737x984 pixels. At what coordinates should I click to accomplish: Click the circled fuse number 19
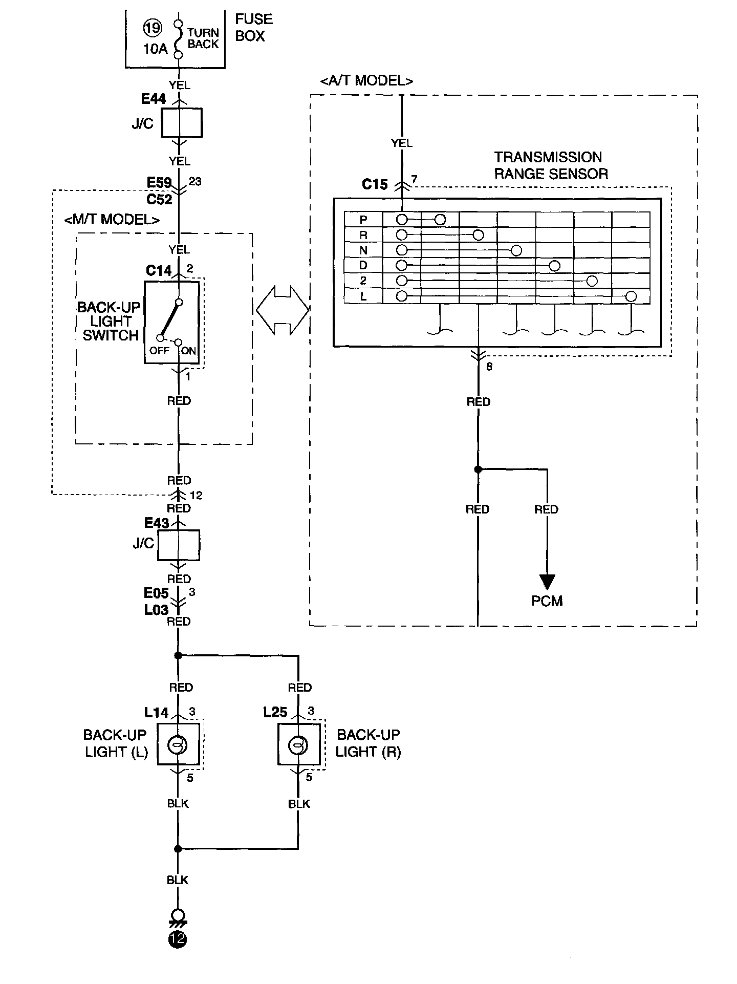pyautogui.click(x=152, y=28)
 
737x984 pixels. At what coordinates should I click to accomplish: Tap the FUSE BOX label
pyautogui.click(x=253, y=28)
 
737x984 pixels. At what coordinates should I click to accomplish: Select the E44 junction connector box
pyautogui.click(x=182, y=123)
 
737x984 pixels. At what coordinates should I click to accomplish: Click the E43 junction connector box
pyautogui.click(x=179, y=545)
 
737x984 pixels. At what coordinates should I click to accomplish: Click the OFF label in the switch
pyautogui.click(x=159, y=351)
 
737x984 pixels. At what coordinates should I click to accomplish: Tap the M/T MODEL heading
pyautogui.click(x=112, y=220)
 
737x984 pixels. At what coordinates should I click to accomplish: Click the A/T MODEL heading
pyautogui.click(x=366, y=80)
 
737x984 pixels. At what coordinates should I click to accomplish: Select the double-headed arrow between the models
pyautogui.click(x=283, y=310)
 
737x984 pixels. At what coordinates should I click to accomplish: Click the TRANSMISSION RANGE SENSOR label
pyautogui.click(x=551, y=165)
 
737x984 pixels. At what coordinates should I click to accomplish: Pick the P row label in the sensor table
pyautogui.click(x=363, y=220)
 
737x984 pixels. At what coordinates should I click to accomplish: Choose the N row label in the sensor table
pyautogui.click(x=363, y=250)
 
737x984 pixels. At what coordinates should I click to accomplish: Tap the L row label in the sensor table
pyautogui.click(x=363, y=296)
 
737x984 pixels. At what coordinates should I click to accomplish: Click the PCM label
pyautogui.click(x=547, y=601)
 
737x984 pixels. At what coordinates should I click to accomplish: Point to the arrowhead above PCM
pyautogui.click(x=547, y=582)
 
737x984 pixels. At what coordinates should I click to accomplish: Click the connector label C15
pyautogui.click(x=375, y=184)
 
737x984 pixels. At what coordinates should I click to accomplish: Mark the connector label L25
pyautogui.click(x=275, y=712)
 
